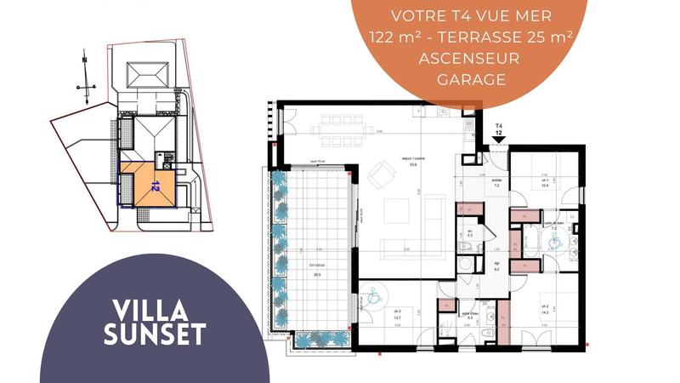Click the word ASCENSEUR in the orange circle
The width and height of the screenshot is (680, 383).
coord(470,59)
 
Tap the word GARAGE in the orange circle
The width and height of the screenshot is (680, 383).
coord(470,80)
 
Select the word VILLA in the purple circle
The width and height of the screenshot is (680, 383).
coord(155,311)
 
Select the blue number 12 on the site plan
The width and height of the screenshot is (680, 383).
coord(155,184)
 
